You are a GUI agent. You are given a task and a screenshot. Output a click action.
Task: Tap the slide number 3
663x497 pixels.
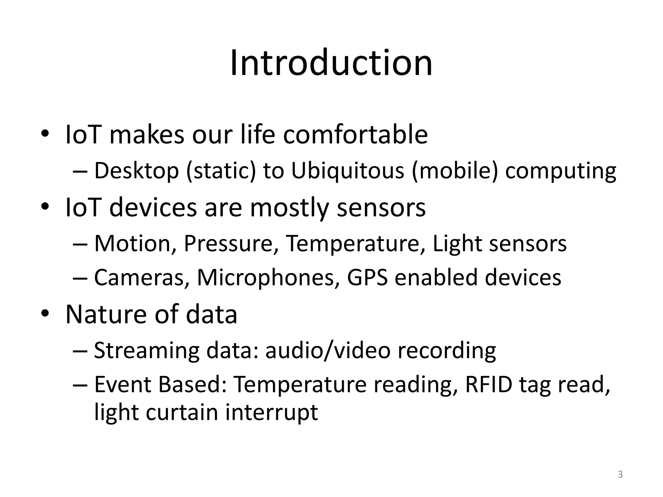click(620, 474)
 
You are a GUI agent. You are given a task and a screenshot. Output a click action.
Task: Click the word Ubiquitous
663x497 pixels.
click(347, 171)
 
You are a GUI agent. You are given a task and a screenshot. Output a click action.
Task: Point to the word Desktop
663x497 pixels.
click(136, 171)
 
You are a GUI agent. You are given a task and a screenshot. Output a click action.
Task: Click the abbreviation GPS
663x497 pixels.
click(367, 278)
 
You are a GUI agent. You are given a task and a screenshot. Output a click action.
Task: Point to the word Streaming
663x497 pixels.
click(146, 351)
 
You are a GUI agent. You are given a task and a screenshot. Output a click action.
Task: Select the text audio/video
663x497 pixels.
click(328, 351)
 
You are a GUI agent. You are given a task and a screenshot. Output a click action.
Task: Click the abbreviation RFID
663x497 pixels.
click(489, 385)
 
